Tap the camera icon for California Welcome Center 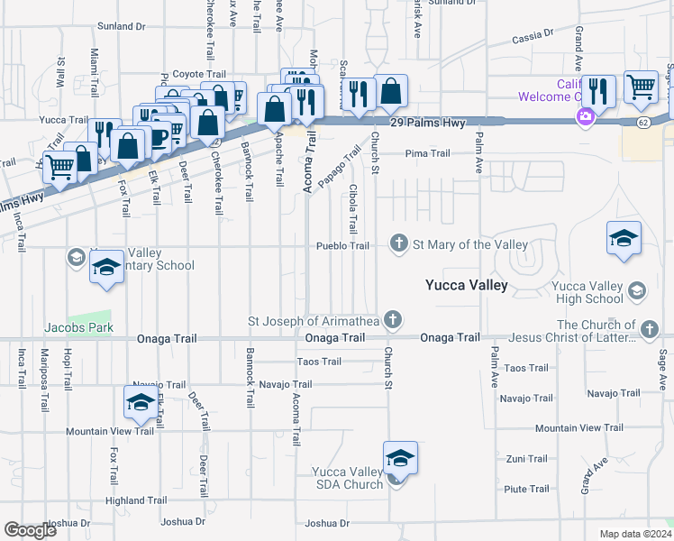(587, 116)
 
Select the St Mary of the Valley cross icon (399, 243)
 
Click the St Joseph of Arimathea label (314, 320)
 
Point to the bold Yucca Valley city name (467, 285)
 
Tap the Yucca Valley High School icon (637, 289)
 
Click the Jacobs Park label (79, 327)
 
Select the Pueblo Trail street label (342, 245)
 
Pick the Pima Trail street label (427, 153)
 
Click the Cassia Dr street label (533, 37)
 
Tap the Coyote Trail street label (198, 74)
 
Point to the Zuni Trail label (527, 459)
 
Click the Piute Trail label (527, 489)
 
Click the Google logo (31, 530)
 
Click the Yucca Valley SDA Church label (347, 478)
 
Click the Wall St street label (61, 73)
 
